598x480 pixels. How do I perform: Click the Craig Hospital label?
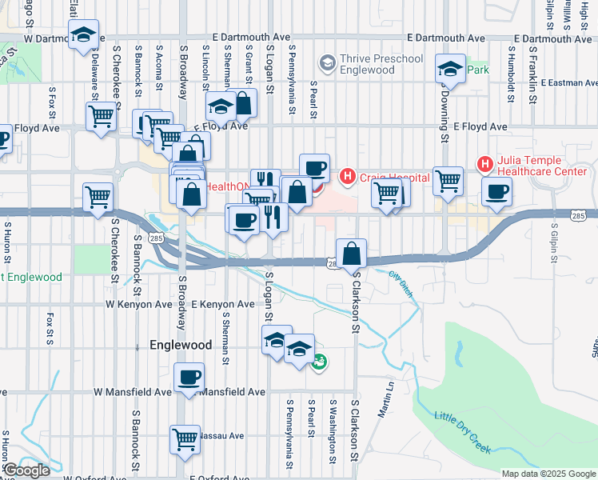point(394,176)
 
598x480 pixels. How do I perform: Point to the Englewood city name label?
point(181,345)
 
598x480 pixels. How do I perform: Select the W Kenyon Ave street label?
point(139,304)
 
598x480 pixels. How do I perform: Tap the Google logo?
point(26,470)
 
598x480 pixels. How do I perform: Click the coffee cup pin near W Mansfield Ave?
point(189,377)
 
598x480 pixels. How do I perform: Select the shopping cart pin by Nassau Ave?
point(185,438)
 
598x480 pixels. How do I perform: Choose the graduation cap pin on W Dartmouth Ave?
point(83,34)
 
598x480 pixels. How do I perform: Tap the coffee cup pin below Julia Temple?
point(497,192)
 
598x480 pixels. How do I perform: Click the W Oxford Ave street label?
point(95,478)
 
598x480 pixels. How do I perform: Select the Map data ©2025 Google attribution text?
point(548,473)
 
